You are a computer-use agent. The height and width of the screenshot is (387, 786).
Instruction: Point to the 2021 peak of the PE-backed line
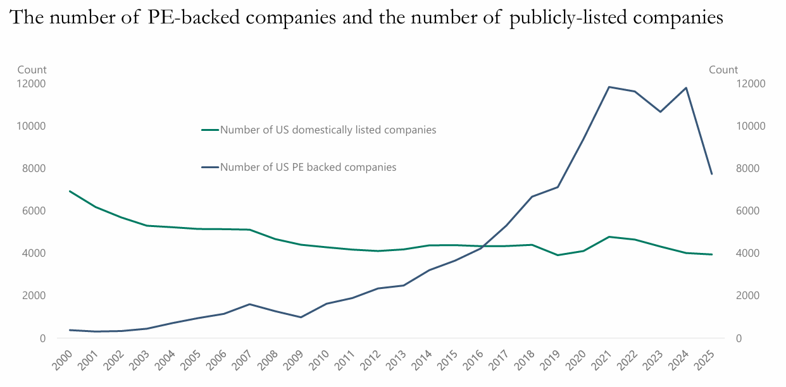pyautogui.click(x=609, y=87)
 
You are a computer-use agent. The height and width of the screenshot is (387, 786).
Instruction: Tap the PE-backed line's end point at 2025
pyautogui.click(x=712, y=174)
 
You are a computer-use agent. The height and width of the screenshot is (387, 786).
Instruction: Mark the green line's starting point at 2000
pyautogui.click(x=69, y=191)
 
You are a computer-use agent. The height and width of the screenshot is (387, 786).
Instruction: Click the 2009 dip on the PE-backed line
pyautogui.click(x=301, y=317)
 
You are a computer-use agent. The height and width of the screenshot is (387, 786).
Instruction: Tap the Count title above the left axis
pyautogui.click(x=32, y=70)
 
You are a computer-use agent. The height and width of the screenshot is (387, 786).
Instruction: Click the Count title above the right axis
pyautogui.click(x=723, y=70)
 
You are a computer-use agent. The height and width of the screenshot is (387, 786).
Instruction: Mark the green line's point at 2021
pyautogui.click(x=609, y=237)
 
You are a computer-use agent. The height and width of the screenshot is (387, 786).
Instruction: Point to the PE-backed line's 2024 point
pyautogui.click(x=686, y=87)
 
